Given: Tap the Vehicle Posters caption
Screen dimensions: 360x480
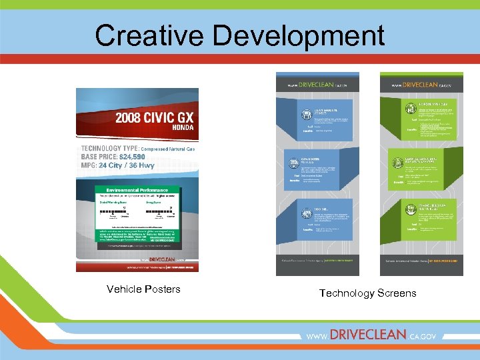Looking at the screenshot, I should click(143, 289).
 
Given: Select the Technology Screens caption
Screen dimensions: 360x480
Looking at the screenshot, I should click(367, 293).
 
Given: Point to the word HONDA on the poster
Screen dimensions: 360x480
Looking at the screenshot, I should click(183, 127).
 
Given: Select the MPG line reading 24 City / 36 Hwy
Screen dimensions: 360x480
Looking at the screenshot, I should click(118, 165).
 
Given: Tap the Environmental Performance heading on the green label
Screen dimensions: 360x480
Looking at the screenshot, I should click(137, 189).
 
